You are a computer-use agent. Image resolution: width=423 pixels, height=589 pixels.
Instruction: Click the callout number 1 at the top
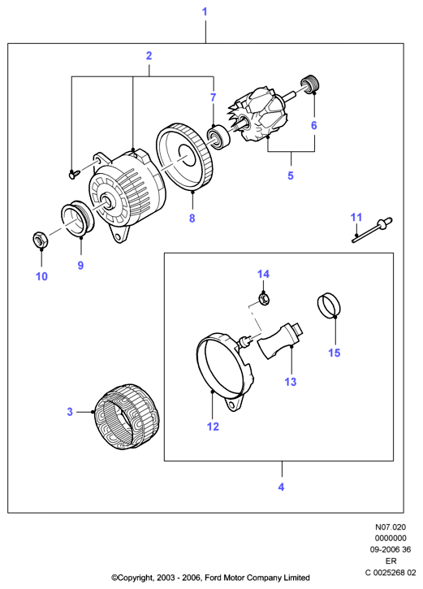coord(205,11)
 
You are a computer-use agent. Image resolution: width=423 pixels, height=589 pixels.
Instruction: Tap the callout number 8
coord(192,218)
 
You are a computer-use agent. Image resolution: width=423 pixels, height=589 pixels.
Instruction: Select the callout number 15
coord(334,353)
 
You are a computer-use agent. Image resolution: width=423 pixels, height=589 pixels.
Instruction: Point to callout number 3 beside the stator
coord(70,412)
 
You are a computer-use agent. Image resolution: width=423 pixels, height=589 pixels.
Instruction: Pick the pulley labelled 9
coord(78,219)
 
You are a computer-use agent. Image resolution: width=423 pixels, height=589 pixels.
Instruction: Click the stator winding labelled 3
coord(126,416)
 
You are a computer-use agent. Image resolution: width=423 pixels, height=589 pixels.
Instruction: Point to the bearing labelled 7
coord(218,137)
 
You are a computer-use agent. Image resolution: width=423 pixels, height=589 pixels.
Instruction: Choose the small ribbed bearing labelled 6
coord(310,84)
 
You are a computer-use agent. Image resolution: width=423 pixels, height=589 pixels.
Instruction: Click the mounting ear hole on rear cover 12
coord(234,405)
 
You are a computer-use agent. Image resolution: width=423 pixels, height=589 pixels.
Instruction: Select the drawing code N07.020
coord(391,527)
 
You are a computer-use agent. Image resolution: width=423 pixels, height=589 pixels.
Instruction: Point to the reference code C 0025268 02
coord(391,573)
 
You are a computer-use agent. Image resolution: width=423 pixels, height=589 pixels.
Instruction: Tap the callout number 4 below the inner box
coord(281,487)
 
